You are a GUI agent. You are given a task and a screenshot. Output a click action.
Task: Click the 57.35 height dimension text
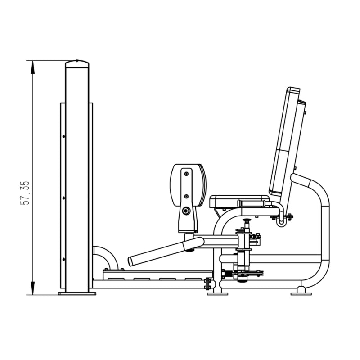click(25, 193)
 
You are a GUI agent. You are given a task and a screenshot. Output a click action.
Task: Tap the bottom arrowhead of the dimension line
click(33, 288)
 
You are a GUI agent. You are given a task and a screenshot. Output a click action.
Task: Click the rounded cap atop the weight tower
click(77, 63)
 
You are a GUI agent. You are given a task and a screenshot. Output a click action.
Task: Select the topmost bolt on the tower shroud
click(63, 137)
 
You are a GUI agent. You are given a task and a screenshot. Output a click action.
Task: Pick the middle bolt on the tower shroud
click(63, 198)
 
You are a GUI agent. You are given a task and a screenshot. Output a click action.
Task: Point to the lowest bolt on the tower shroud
click(63, 260)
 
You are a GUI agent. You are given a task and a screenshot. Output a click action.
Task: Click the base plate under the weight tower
click(77, 293)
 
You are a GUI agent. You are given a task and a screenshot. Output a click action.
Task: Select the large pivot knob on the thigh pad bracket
click(186, 211)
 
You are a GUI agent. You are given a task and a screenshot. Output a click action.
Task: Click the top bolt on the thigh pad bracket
click(186, 174)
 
